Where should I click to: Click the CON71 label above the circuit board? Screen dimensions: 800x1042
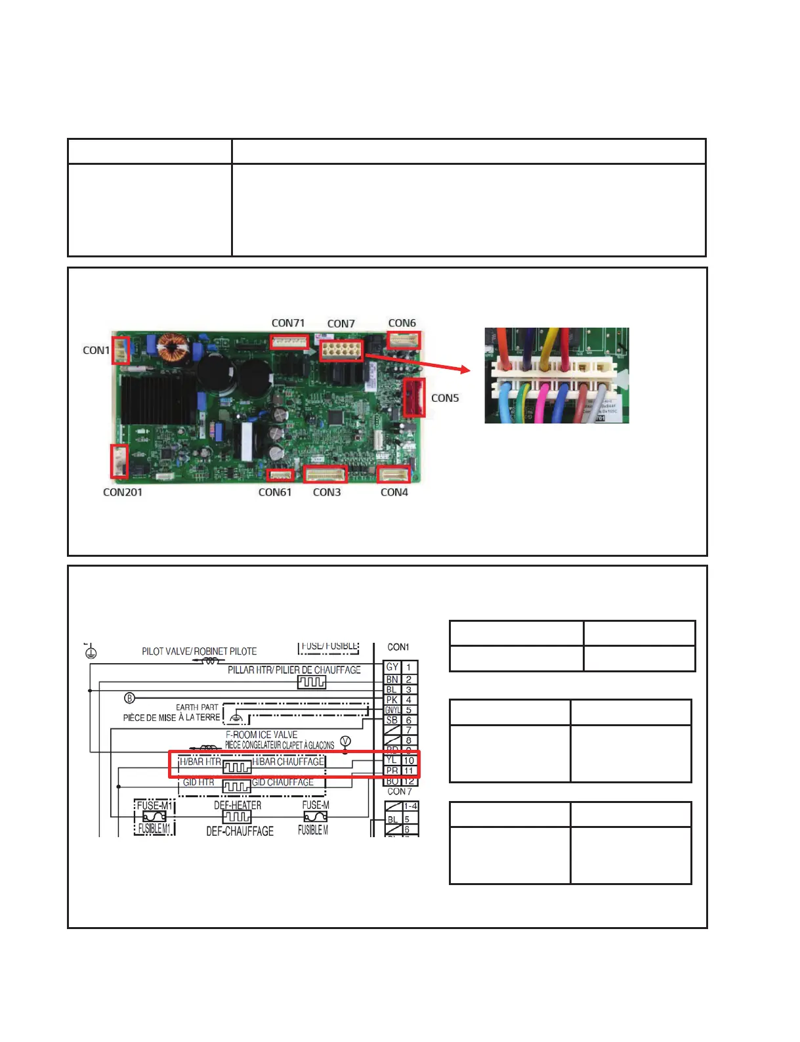tap(288, 323)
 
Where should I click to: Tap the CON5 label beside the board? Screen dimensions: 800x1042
tap(445, 398)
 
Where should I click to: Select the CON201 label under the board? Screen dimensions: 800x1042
tap(123, 492)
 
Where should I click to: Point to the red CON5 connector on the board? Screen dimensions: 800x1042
tap(414, 397)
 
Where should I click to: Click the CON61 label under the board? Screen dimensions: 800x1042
tap(275, 492)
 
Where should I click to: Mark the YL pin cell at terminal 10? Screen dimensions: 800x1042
tap(392, 760)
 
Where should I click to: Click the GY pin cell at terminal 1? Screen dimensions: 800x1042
tap(392, 667)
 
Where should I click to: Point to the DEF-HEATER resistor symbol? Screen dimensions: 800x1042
tap(237, 817)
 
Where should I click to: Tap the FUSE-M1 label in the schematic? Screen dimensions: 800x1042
tap(154, 806)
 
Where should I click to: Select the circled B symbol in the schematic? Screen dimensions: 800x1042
tap(130, 697)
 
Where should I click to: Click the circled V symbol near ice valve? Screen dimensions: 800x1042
tap(345, 742)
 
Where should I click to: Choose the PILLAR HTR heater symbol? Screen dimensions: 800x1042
tap(312, 682)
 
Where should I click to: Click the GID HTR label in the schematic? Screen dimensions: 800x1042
tap(198, 782)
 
